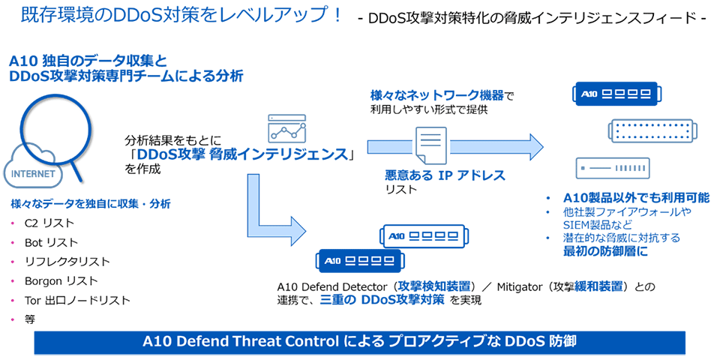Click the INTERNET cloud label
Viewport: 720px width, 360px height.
pyautogui.click(x=31, y=174)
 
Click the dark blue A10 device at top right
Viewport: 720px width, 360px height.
pyautogui.click(x=614, y=94)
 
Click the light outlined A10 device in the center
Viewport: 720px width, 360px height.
pyautogui.click(x=424, y=236)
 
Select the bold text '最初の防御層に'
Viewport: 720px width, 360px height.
pyautogui.click(x=605, y=251)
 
